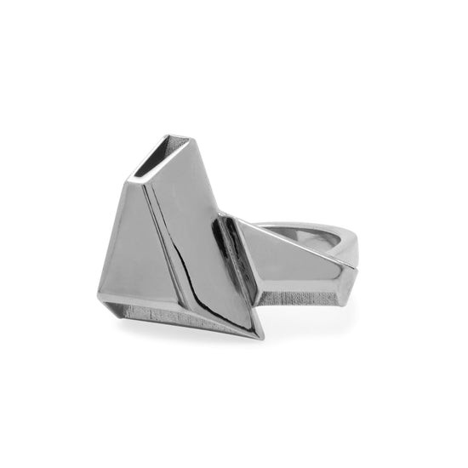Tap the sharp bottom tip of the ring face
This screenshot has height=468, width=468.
(x=257, y=337)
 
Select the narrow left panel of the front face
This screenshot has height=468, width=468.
(x=128, y=247)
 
